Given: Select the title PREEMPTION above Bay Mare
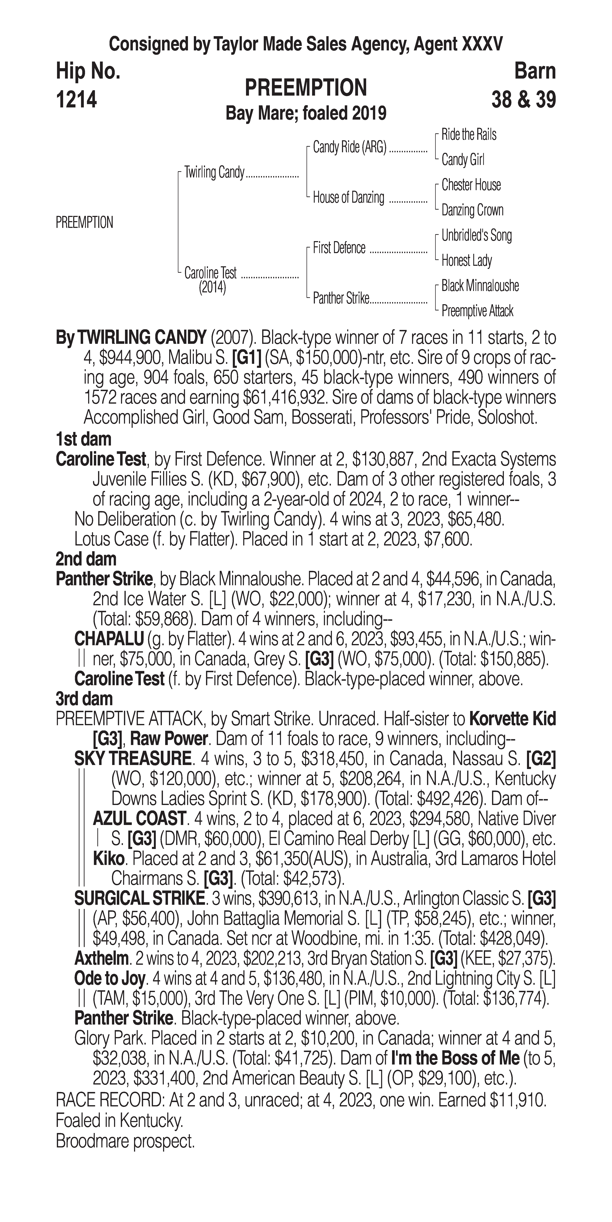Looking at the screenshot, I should click(x=305, y=88).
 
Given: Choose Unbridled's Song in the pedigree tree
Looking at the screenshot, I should click(x=476, y=235).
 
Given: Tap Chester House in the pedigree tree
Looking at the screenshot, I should click(x=471, y=185).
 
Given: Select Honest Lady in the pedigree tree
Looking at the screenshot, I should click(x=466, y=260).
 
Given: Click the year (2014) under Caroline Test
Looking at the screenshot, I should click(x=212, y=288).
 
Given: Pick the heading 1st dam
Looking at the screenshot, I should click(x=83, y=439).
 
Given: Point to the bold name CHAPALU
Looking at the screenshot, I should click(x=109, y=640).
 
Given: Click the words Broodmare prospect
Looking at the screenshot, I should click(x=125, y=1141).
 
